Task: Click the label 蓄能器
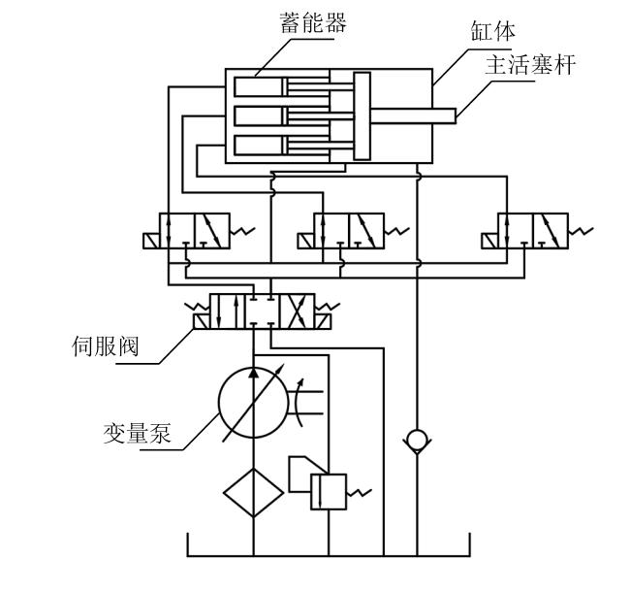tap(313, 22)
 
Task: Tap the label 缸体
tap(492, 31)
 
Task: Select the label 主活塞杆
tap(530, 65)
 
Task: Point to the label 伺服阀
tap(106, 346)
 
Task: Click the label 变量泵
tap(137, 433)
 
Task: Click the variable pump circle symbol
tap(254, 403)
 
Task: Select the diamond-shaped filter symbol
tap(254, 492)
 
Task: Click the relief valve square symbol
tap(329, 492)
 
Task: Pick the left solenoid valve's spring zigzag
tap(242, 231)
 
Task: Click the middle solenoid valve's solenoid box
tap(305, 241)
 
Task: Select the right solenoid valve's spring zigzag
tap(581, 231)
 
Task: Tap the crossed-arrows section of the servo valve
tap(297, 312)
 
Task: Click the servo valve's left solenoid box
tap(202, 321)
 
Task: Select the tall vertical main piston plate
tap(362, 116)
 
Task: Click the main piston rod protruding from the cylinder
tap(413, 115)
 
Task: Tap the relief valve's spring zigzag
tap(359, 492)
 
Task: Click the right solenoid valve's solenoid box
tap(489, 241)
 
